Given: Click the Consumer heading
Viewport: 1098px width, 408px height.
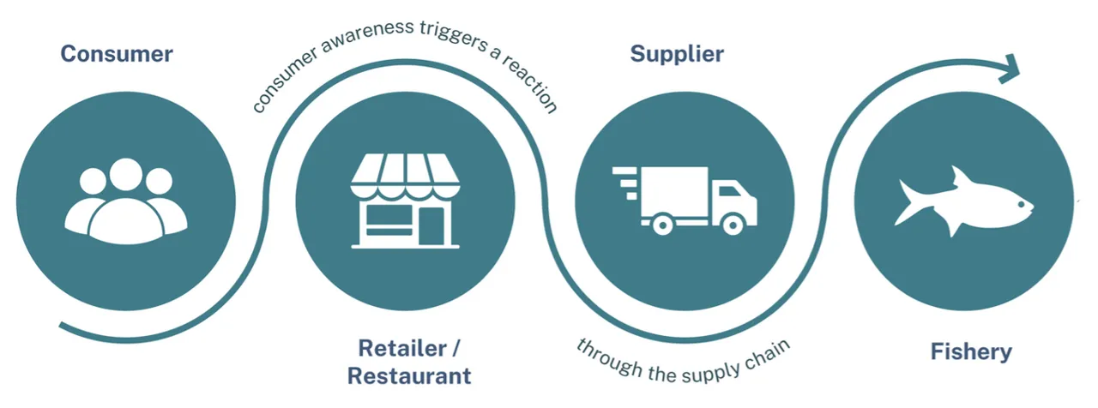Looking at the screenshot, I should [x=116, y=54].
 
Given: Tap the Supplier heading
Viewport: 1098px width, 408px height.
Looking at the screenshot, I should [x=677, y=54].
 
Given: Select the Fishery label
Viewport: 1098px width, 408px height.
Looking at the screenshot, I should [x=971, y=351].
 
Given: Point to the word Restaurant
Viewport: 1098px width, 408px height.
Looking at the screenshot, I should [x=409, y=375].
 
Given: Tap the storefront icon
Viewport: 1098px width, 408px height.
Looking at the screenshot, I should [x=405, y=201].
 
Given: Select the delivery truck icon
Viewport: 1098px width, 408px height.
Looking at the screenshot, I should [x=686, y=200].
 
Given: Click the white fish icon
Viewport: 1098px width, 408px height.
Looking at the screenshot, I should [x=964, y=201].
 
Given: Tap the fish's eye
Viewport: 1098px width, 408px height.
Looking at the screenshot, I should [x=1018, y=204].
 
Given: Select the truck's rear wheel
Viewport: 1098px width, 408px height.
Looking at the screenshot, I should [x=661, y=225].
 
